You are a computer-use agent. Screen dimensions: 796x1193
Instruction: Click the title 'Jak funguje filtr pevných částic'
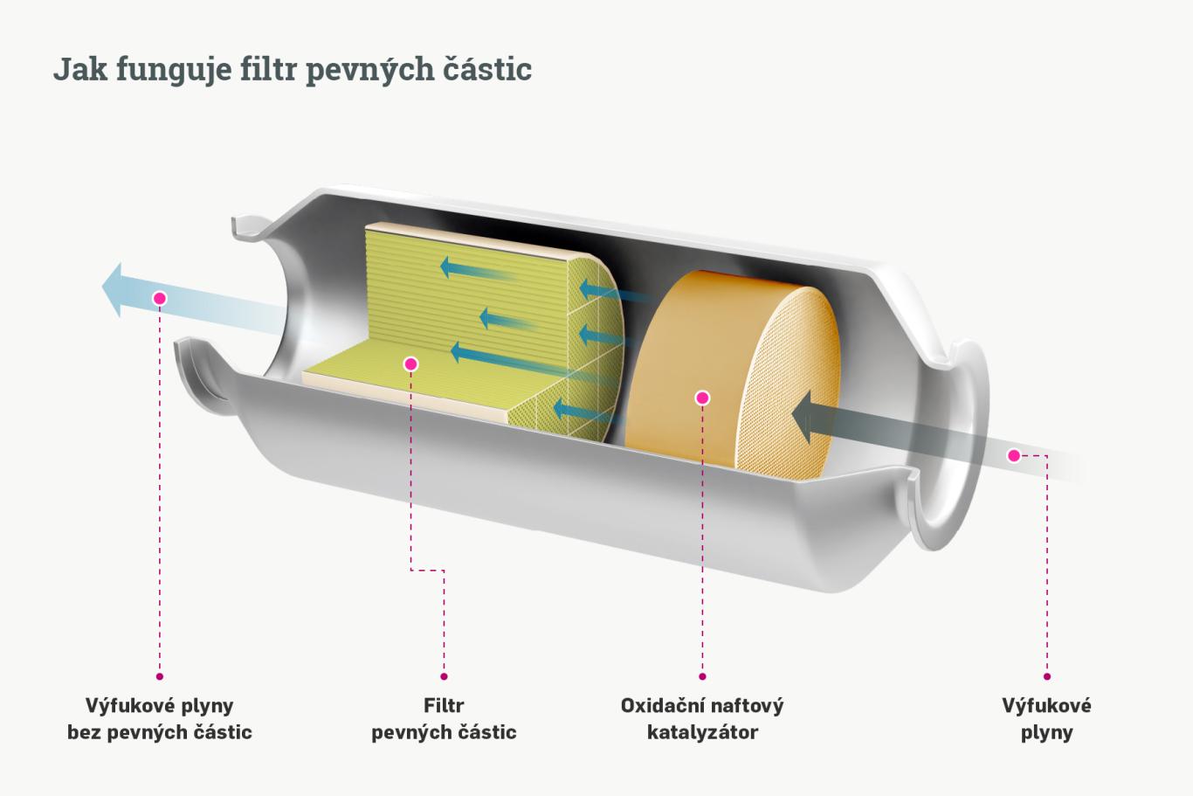(x=293, y=68)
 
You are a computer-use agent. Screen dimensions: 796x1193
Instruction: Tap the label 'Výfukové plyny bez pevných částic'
(x=160, y=718)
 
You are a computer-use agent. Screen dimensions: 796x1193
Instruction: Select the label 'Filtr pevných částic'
(x=444, y=718)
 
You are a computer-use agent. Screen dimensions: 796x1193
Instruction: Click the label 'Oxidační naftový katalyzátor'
(x=702, y=718)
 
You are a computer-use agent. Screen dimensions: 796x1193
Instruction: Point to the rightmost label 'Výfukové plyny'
(x=1046, y=718)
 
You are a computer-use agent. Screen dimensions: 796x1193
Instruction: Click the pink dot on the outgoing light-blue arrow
(x=159, y=298)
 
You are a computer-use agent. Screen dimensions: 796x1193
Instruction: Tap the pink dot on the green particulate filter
(x=411, y=363)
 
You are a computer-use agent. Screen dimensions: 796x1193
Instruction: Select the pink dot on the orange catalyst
(x=702, y=398)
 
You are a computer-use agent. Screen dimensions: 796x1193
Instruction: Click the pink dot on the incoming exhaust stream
(x=1014, y=455)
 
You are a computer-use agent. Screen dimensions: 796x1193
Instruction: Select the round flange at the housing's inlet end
(x=952, y=446)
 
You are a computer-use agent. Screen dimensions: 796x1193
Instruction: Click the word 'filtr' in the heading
(x=269, y=68)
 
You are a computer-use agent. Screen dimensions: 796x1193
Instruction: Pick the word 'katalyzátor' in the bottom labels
(x=702, y=732)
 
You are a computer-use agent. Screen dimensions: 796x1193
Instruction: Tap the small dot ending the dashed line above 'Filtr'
(x=444, y=676)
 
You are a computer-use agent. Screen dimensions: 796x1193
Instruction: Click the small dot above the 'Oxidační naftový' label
(x=702, y=676)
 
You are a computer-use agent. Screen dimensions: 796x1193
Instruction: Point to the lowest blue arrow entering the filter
(x=576, y=408)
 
